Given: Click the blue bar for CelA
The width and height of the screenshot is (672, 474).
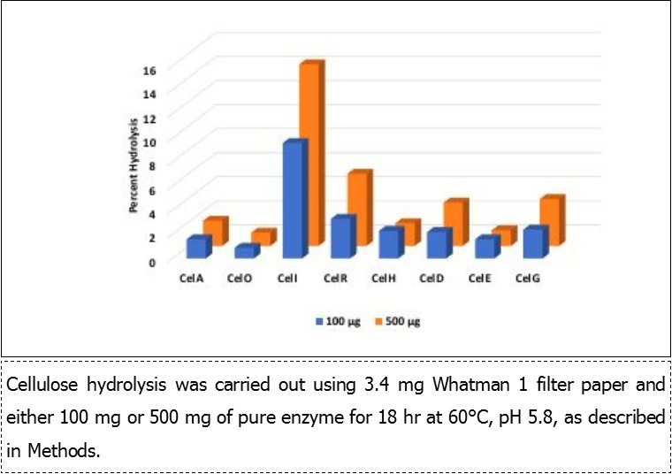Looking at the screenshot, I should pos(198,248).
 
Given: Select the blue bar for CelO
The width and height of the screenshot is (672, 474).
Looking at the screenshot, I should pos(245,252).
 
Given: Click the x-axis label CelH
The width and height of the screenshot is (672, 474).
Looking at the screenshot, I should pos(384,279).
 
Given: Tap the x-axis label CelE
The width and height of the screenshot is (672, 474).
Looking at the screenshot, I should pos(480,279).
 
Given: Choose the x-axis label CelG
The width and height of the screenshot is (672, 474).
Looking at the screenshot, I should pos(528,279).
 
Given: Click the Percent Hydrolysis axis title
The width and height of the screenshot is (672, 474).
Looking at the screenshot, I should pos(133,165).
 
